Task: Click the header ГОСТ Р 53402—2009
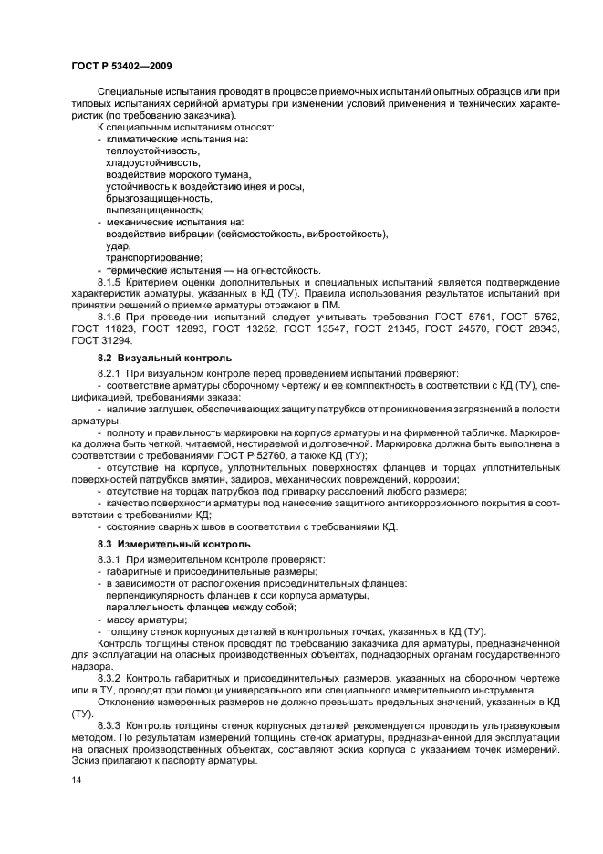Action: point(115,67)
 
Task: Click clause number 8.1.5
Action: point(111,282)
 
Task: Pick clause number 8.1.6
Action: point(111,317)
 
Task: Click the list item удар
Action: point(118,245)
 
